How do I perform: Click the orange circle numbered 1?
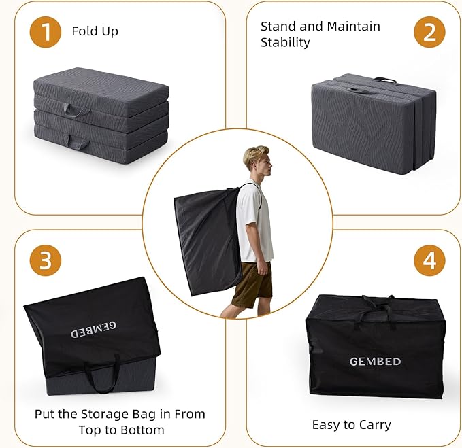46,32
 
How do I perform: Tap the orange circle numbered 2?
429,32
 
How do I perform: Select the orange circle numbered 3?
46,260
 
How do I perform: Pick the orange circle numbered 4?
429,260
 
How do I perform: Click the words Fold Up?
95,31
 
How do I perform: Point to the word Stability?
285,42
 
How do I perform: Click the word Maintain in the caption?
353,27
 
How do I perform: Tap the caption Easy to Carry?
352,425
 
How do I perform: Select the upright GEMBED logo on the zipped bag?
375,362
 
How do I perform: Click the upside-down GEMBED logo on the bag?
93,330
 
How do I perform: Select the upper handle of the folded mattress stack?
76,111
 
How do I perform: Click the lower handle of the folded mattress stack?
78,143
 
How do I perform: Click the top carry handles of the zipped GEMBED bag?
376,312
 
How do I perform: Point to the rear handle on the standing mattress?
385,80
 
